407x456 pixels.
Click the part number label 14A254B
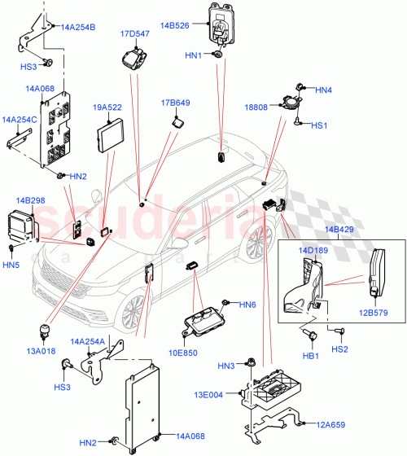tap(78, 28)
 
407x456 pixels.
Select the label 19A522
tap(107, 107)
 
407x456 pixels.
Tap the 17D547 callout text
tap(134, 35)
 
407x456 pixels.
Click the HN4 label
tap(323, 90)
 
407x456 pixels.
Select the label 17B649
tap(175, 103)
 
